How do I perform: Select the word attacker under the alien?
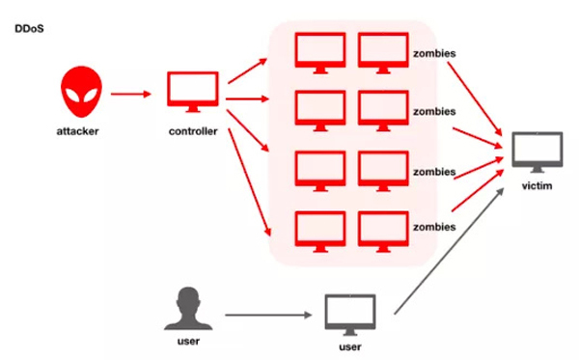80,131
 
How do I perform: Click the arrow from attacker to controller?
132,95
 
